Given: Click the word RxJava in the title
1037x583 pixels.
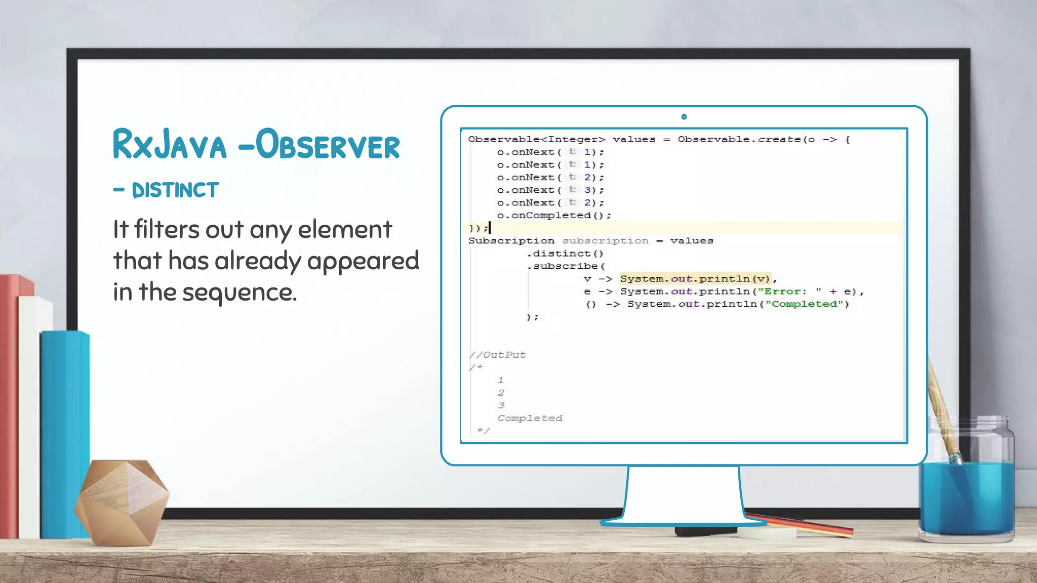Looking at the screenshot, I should pyautogui.click(x=169, y=145).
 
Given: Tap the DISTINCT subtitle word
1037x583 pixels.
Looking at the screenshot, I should pyautogui.click(x=175, y=190).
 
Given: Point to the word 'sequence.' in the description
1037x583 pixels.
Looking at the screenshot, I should pyautogui.click(x=240, y=293).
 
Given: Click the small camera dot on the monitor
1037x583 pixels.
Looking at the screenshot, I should pyautogui.click(x=684, y=117).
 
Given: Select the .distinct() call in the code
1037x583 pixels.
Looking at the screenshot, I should pyautogui.click(x=565, y=254).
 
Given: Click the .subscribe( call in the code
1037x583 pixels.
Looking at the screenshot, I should pyautogui.click(x=566, y=266).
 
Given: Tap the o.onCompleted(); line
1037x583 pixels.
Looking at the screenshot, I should pyautogui.click(x=554, y=216).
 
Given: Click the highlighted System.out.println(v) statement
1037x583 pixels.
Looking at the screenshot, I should pyautogui.click(x=695, y=279).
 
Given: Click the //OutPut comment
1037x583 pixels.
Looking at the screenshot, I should pyautogui.click(x=497, y=355).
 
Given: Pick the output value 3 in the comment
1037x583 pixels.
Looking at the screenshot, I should pyautogui.click(x=501, y=405).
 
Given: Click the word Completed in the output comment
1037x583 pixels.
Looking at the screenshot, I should pyautogui.click(x=530, y=418).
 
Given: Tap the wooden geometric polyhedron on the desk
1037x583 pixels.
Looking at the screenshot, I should pyautogui.click(x=122, y=501).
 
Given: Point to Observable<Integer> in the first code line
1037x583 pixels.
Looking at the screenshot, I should pyautogui.click(x=536, y=140).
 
